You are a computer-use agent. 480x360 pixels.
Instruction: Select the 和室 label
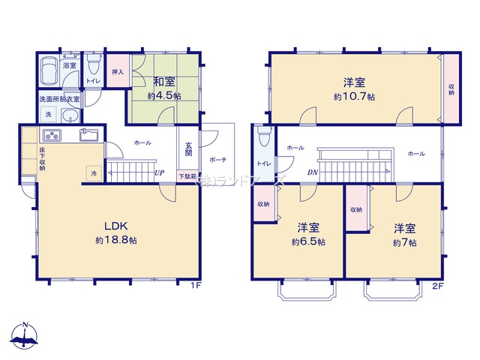pyautogui.click(x=165, y=83)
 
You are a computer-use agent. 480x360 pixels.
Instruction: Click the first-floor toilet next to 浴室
pyautogui.click(x=94, y=65)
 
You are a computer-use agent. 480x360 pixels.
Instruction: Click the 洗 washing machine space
pyautogui.click(x=48, y=115)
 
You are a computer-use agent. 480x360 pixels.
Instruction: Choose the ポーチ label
pyautogui.click(x=218, y=160)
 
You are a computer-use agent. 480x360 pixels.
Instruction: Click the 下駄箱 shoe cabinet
pyautogui.click(x=185, y=176)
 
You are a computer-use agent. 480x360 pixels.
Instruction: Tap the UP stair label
pyautogui.click(x=159, y=173)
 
